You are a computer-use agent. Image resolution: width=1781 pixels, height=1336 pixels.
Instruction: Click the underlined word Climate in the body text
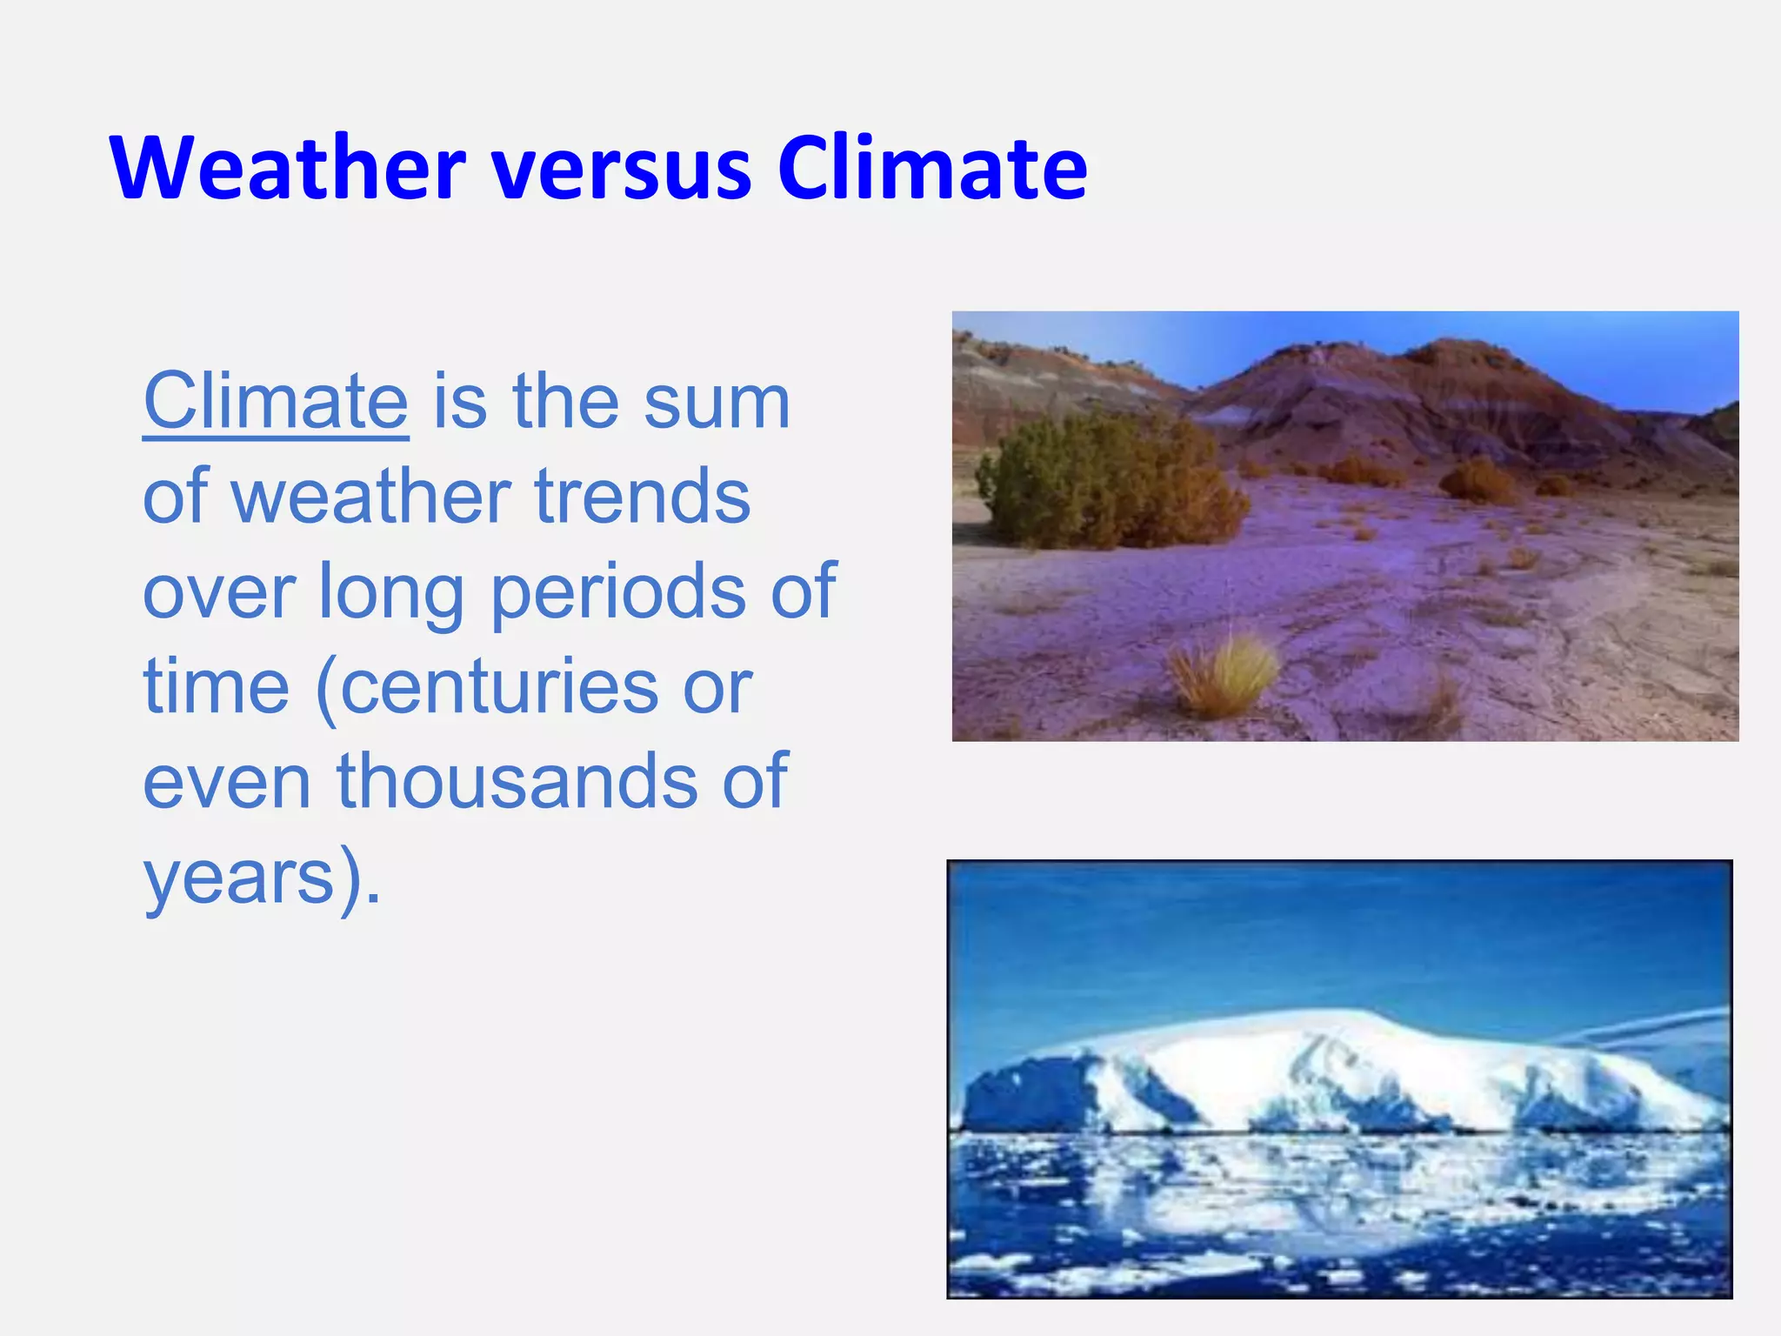coord(275,402)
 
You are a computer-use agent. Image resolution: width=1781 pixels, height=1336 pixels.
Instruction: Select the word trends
coord(642,497)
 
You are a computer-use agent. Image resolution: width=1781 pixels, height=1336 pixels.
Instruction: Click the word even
coord(226,781)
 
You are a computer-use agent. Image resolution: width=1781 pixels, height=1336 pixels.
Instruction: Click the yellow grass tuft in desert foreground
coord(1222,674)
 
